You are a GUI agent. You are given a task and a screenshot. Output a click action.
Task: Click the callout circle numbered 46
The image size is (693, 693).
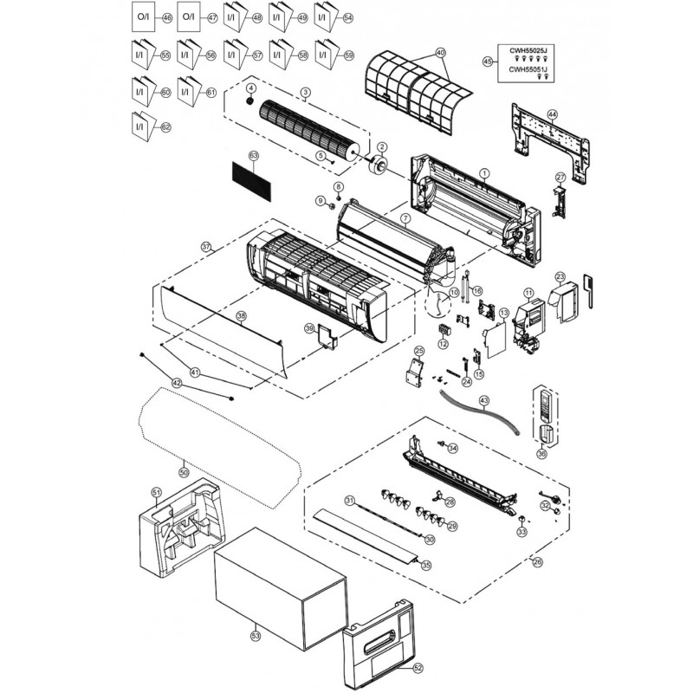pyautogui.click(x=168, y=17)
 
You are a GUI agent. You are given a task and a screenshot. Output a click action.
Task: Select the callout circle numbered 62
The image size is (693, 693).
pyautogui.click(x=167, y=127)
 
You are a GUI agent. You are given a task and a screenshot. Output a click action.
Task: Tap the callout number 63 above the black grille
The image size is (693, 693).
pyautogui.click(x=254, y=155)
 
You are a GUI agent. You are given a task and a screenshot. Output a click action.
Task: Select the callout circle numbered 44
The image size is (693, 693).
pyautogui.click(x=553, y=114)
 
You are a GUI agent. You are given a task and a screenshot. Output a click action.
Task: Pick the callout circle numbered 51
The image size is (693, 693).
pyautogui.click(x=157, y=493)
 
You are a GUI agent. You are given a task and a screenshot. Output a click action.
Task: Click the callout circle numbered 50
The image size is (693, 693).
pyautogui.click(x=183, y=472)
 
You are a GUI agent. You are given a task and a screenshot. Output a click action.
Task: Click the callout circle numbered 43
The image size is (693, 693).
pyautogui.click(x=484, y=400)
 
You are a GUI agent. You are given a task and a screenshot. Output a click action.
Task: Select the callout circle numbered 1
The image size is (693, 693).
pyautogui.click(x=485, y=173)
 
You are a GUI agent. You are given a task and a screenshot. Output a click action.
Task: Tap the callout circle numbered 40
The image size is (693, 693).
pyautogui.click(x=441, y=53)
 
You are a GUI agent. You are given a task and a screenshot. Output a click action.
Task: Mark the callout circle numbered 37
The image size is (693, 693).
pyautogui.click(x=206, y=247)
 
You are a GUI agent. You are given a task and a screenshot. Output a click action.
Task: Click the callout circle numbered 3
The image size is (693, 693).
pyautogui.click(x=306, y=92)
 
